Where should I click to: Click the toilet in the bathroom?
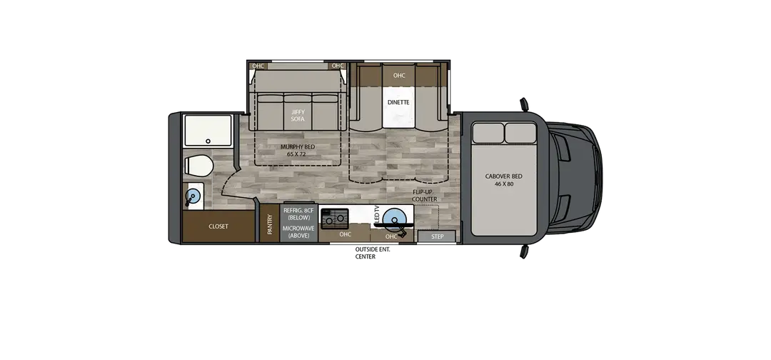tap(198, 165)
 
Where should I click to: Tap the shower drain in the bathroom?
tap(208, 141)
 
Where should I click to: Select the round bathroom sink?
tap(193, 196)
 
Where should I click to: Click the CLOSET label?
tap(218, 226)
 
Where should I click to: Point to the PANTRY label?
tap(269, 224)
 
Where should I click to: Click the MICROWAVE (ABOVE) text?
tap(298, 232)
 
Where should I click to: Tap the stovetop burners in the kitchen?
tap(334, 219)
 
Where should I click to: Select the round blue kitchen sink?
tap(395, 219)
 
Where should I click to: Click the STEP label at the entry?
tap(437, 236)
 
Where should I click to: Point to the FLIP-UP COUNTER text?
tap(424, 196)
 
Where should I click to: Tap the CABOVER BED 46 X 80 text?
tap(503, 180)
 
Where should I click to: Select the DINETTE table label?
tap(398, 102)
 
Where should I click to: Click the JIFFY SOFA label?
tap(298, 116)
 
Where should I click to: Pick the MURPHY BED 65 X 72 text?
tap(298, 151)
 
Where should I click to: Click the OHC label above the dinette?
tap(399, 75)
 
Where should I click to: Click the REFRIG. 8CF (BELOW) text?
tap(298, 214)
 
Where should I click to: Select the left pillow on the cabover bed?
tap(488, 134)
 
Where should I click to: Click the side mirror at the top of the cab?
tap(524, 105)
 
